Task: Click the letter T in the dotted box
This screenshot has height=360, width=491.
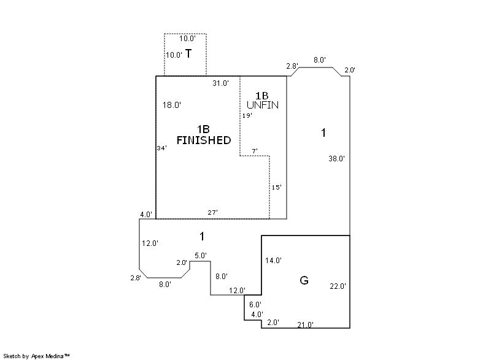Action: click(188, 54)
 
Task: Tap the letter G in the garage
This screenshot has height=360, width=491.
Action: click(304, 280)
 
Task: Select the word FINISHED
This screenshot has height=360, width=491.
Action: click(204, 140)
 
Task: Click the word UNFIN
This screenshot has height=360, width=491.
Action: click(263, 105)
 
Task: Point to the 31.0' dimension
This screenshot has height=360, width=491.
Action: click(221, 83)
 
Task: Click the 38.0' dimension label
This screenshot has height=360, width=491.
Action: click(336, 159)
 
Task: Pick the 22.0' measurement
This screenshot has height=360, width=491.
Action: click(338, 286)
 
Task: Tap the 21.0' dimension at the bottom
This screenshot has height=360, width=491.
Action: click(305, 324)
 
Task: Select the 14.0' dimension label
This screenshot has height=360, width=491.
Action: click(273, 260)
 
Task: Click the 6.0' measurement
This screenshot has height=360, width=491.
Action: click(255, 304)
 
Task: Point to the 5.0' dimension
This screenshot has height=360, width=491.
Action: click(201, 256)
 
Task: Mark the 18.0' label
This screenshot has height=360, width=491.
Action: click(172, 105)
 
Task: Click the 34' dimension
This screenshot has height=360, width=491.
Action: click(162, 148)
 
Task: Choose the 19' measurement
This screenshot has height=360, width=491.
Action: click(247, 116)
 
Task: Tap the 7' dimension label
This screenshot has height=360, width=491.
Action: click(255, 151)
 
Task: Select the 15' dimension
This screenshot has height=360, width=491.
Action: click(277, 187)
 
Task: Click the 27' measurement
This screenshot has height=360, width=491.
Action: click(212, 212)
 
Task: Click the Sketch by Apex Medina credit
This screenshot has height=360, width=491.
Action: click(37, 356)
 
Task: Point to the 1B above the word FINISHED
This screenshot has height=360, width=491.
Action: click(203, 129)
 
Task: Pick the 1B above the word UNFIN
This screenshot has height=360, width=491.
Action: click(262, 96)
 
